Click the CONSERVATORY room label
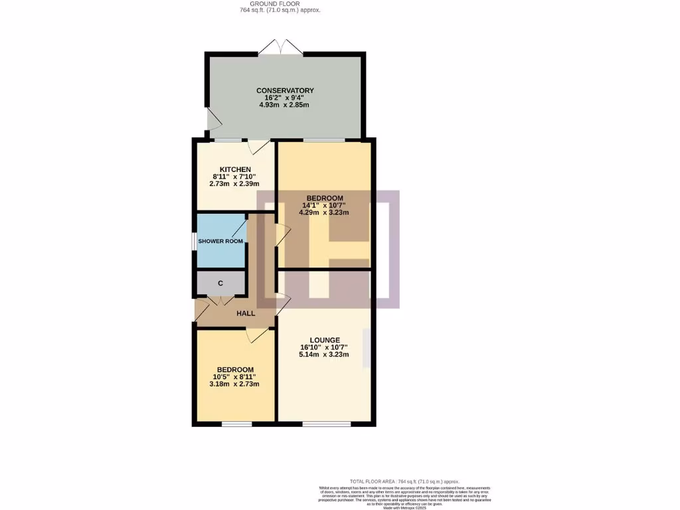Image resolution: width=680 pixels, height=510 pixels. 285,90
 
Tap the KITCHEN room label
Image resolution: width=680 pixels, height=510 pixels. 235,169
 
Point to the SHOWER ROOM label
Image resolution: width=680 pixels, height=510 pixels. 220,241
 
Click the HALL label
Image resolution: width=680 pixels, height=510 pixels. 246,313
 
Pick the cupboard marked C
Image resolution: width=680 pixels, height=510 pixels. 220,284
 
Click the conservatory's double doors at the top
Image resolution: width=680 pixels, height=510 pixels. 281,48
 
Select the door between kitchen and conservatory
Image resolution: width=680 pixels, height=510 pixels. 259,145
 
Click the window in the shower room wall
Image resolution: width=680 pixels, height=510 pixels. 194,242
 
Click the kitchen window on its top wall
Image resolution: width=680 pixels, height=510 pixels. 226,140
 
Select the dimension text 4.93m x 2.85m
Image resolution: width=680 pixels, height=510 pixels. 285,105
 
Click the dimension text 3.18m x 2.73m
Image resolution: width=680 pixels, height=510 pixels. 234,384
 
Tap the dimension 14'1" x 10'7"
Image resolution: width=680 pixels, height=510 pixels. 324,205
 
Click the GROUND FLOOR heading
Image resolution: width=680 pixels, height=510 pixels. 280,3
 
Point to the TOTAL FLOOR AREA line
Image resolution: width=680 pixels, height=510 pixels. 404,481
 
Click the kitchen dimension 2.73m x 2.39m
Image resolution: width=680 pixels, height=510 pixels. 234,184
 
